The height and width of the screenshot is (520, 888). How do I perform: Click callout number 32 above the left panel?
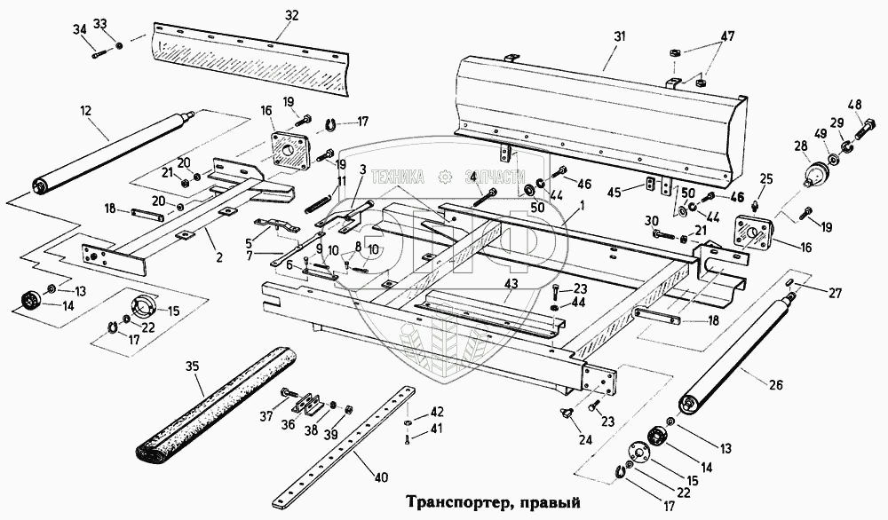292,15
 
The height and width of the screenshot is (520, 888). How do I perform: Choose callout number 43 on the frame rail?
511,283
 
